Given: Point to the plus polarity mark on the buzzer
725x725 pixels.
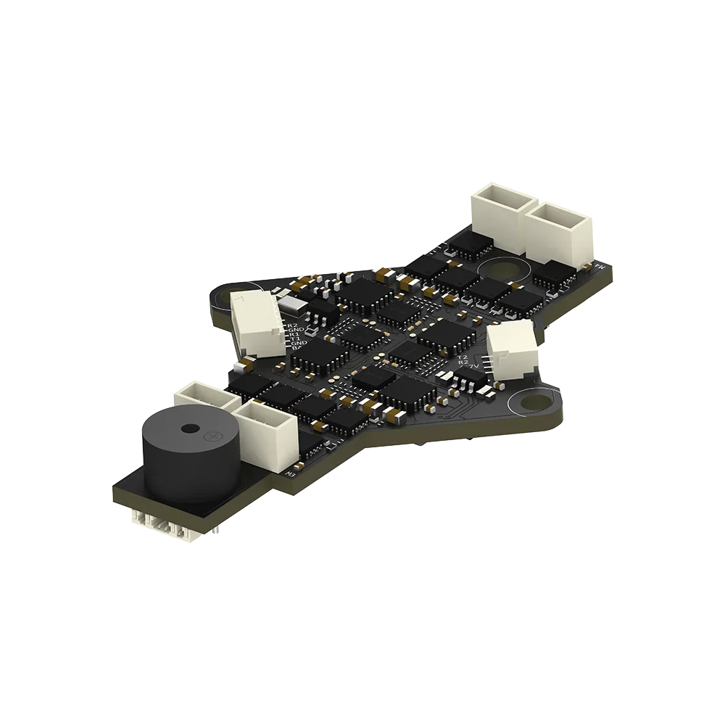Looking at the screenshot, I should click(x=214, y=436).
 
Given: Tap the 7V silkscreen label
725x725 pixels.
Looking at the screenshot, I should click(x=475, y=370).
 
